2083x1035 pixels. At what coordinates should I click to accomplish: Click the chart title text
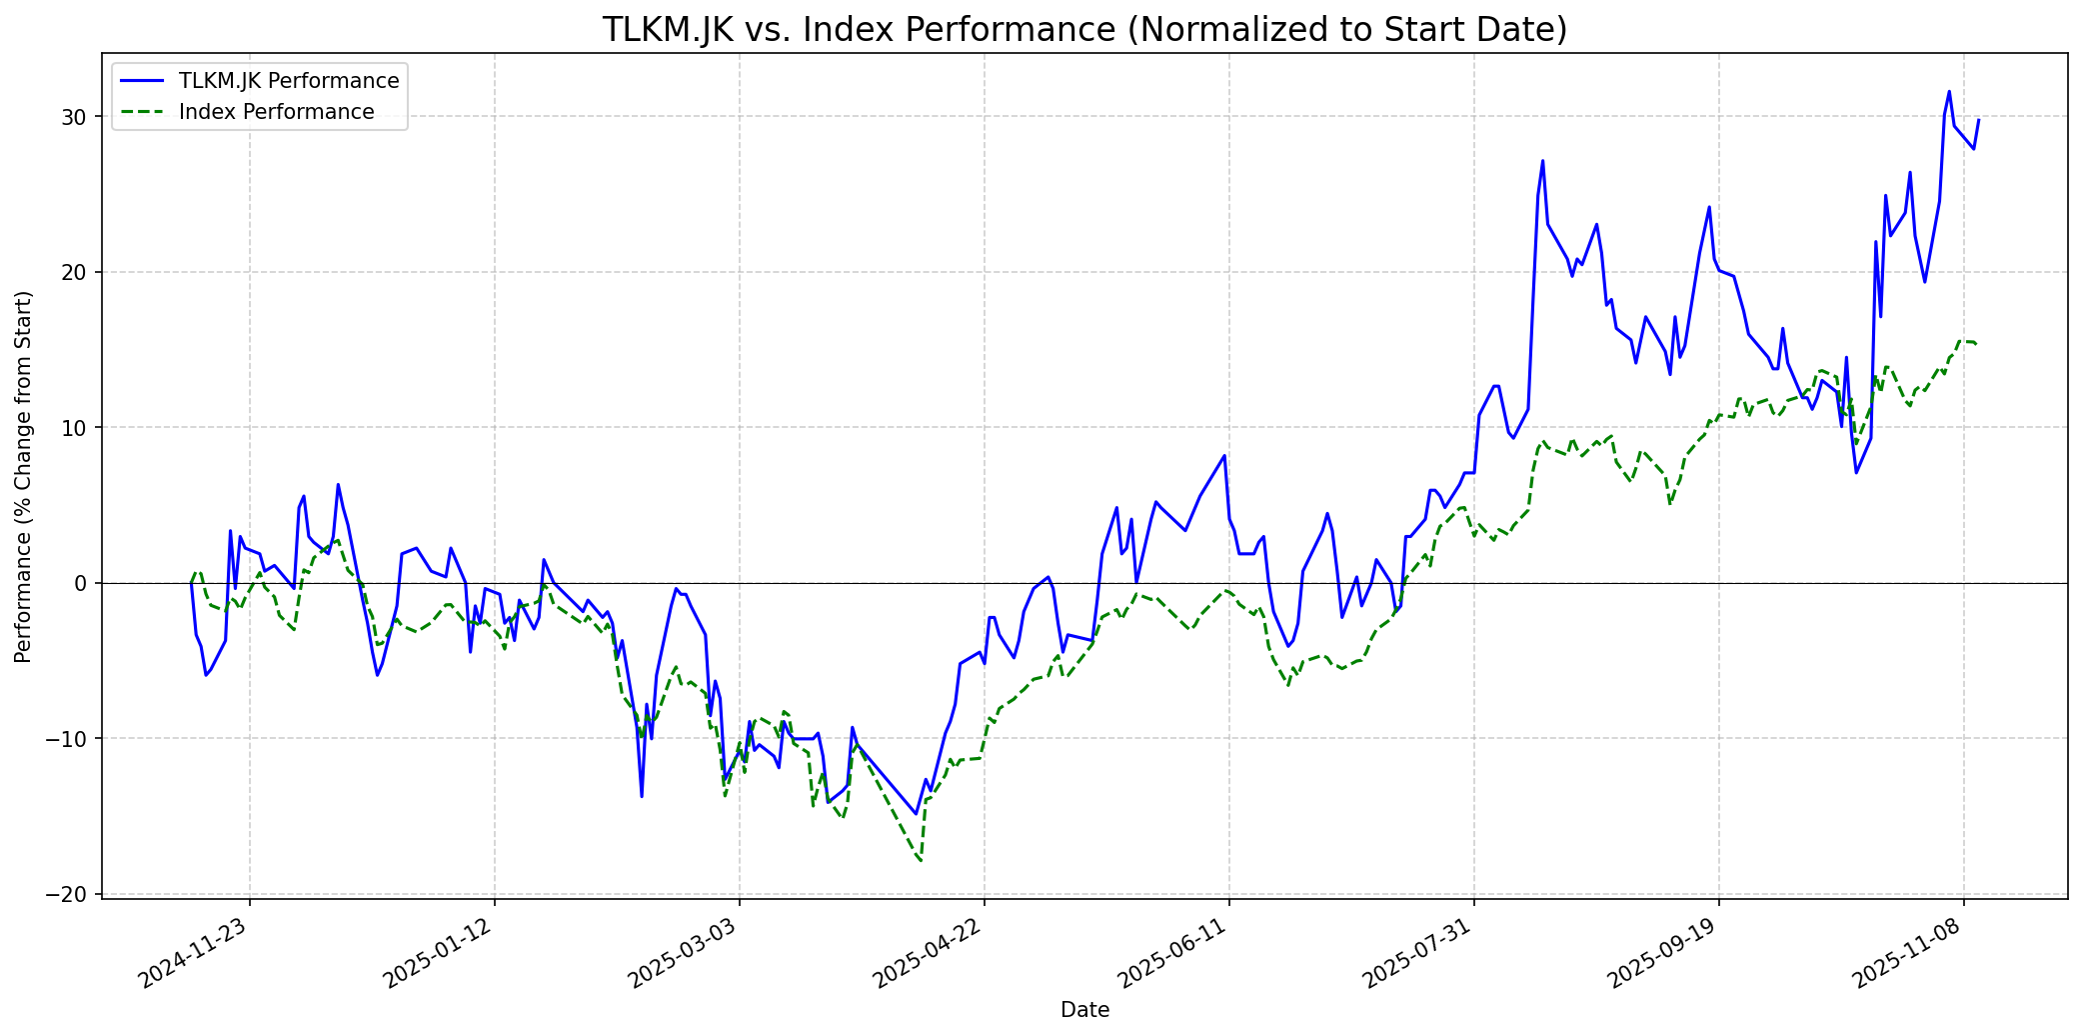(1084, 30)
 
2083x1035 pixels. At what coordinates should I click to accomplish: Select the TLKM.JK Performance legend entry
(288, 81)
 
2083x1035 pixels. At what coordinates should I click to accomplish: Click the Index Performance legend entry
(276, 112)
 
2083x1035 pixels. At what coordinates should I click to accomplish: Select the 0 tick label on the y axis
(83, 583)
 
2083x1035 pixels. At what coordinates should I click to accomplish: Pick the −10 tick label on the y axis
(70, 739)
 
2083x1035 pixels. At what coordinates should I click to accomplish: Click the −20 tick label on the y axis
(70, 894)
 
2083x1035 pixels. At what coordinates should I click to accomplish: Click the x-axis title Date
(1084, 1010)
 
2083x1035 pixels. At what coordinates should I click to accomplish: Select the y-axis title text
(23, 476)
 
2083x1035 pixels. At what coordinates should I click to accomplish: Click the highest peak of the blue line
(1949, 92)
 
